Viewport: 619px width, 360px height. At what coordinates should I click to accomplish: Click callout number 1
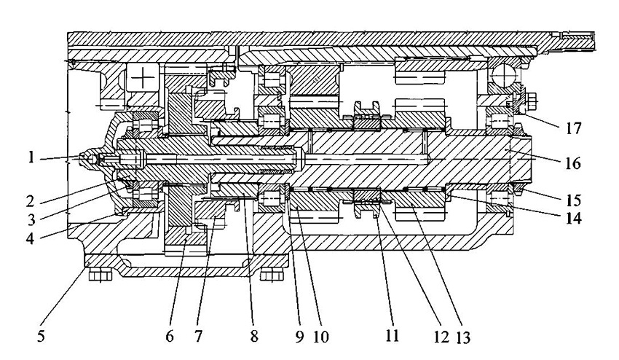coord(31,157)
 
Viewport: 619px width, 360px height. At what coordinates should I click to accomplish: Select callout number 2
coord(31,201)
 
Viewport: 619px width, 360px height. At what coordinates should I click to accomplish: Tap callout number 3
coord(31,219)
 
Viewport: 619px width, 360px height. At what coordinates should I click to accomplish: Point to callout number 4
coord(31,238)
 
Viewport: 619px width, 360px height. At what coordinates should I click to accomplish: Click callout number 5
coord(41,337)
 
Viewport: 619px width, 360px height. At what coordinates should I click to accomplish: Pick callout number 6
coord(170,336)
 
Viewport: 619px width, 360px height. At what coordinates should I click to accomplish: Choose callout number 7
coord(198,336)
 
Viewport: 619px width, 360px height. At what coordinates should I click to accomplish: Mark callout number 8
coord(254,336)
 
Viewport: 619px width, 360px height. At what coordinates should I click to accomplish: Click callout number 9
coord(299,336)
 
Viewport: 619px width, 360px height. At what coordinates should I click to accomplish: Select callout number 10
coord(321,337)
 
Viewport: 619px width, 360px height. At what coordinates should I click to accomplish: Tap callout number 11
coord(392,336)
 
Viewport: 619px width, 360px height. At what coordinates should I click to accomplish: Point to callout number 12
coord(441,337)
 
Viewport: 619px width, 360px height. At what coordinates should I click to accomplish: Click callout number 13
coord(463,337)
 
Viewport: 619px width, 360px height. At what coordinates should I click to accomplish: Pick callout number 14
coord(573,218)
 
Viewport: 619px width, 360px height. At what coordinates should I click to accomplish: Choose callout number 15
coord(573,200)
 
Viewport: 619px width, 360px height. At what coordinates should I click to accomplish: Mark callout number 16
coord(573,163)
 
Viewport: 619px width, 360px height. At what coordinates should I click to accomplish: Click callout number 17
coord(573,128)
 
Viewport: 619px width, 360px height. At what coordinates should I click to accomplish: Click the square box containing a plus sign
coord(143,77)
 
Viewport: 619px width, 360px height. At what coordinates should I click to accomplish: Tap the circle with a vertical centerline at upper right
coord(503,74)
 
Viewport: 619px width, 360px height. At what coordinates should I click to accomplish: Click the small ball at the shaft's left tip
coord(92,159)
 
